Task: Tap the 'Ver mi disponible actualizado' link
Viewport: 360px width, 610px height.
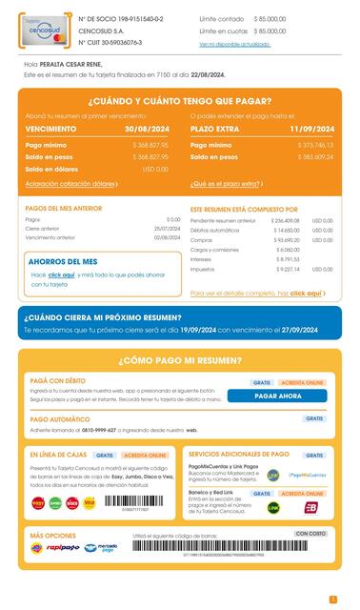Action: coord(234,44)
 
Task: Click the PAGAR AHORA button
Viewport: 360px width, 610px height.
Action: coord(277,396)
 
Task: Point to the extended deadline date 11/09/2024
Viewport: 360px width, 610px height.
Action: coord(313,128)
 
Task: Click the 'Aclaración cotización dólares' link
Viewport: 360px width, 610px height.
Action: coord(72,183)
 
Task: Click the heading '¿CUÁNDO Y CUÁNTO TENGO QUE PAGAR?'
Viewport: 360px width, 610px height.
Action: coord(180,101)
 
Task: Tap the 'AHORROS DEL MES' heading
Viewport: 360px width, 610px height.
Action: coord(63,261)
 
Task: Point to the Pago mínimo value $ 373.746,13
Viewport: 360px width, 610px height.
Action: coord(315,144)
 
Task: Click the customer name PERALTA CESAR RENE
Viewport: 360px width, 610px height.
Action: coord(79,65)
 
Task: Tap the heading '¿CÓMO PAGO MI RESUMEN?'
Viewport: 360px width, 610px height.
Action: coord(180,361)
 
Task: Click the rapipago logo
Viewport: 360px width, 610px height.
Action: coord(63,548)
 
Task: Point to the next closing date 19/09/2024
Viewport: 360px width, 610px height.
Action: coord(195,330)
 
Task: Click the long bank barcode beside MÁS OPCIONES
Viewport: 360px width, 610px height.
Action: coord(233,546)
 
